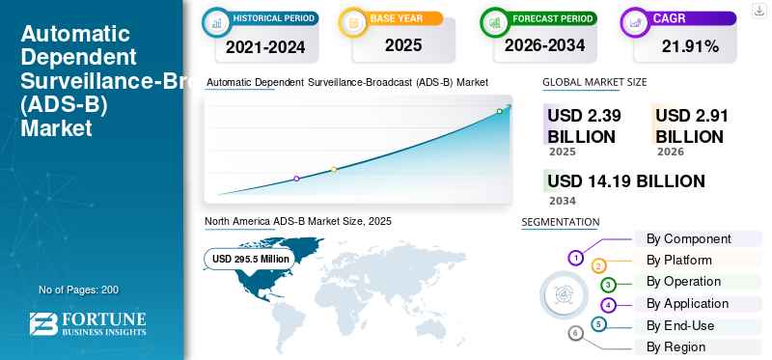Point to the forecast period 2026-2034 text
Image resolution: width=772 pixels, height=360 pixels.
[x=545, y=44]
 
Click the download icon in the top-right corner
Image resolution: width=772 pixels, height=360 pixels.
[x=758, y=10]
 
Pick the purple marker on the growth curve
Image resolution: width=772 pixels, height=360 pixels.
[x=296, y=179]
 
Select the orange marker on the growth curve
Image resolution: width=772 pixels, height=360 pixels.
[x=334, y=169]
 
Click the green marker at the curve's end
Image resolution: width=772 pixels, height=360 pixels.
[x=499, y=111]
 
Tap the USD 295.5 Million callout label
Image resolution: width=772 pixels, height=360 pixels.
[x=251, y=259]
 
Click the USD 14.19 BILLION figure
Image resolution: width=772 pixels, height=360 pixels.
[x=625, y=180]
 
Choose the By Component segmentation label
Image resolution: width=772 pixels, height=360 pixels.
[x=688, y=238]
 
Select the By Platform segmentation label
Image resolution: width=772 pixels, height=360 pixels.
[x=679, y=260]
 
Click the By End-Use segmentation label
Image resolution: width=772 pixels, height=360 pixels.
[x=680, y=325]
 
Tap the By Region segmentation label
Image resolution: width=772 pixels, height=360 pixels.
[x=675, y=346]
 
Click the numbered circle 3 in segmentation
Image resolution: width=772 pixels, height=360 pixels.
[x=608, y=285]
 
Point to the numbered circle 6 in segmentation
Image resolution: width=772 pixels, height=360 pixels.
[x=576, y=333]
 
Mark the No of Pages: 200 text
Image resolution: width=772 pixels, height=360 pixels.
[x=78, y=290]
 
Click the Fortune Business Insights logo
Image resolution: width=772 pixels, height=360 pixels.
[x=88, y=324]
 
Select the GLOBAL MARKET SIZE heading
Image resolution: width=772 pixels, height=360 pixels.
[x=594, y=82]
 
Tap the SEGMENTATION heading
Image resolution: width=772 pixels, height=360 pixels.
[x=560, y=221]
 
